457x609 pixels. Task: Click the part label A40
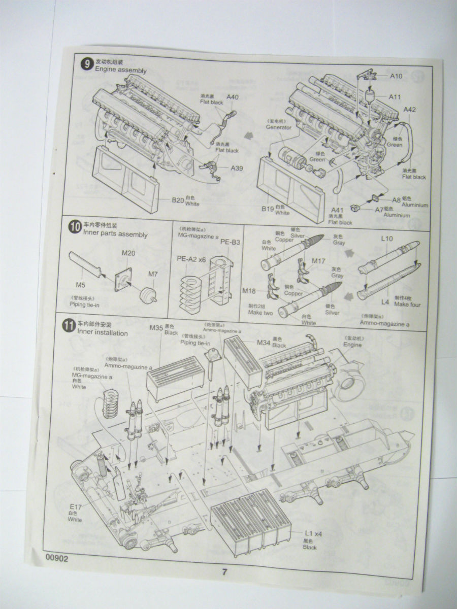232,97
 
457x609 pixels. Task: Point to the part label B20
178,199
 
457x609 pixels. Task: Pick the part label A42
410,110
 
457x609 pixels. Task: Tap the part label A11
395,96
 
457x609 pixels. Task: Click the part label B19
268,208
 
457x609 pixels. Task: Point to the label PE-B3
230,242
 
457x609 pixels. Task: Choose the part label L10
387,238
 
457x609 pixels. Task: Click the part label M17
318,261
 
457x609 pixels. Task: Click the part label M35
156,327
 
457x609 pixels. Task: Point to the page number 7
224,571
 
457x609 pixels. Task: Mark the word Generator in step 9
279,127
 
